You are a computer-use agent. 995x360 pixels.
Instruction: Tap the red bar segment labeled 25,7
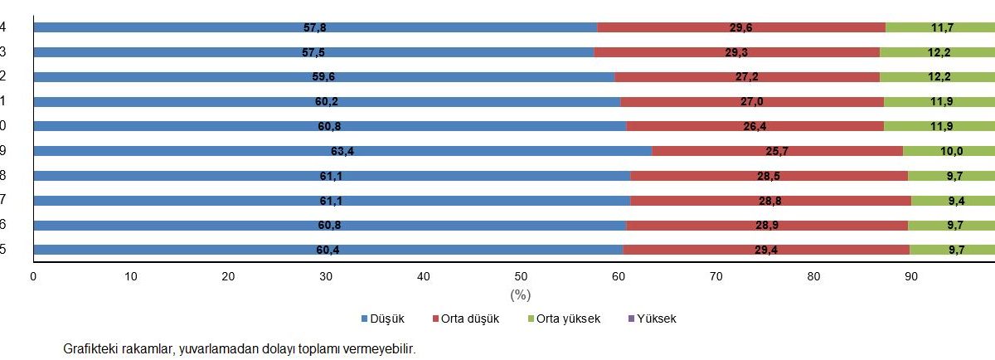point(777,151)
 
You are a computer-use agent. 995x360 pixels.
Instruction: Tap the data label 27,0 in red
point(740,101)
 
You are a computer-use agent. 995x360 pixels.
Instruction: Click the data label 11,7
point(941,27)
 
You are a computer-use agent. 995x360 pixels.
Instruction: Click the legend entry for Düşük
point(388,319)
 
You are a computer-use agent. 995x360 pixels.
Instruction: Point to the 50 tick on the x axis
point(521,277)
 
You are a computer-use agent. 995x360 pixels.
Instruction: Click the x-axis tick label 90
point(910,277)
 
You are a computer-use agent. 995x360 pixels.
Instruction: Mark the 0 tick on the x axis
point(33,277)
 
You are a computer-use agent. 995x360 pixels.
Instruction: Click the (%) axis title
point(520,294)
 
